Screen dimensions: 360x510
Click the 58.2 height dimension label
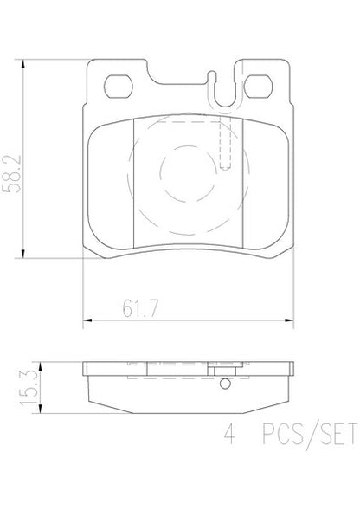coord(12,174)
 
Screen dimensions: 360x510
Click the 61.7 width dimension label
coord(140,308)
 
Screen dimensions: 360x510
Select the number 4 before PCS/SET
coord(229,434)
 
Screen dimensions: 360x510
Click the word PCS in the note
coord(283,434)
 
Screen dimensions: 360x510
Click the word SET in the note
coord(338,434)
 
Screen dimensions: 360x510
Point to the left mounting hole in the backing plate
coord(119,87)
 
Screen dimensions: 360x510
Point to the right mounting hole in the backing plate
coord(258,87)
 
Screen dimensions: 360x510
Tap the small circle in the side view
coord(225,384)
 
